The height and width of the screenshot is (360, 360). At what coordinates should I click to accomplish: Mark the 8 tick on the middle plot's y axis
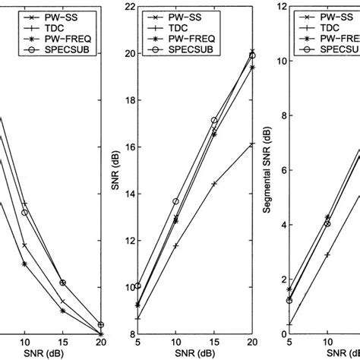(126, 334)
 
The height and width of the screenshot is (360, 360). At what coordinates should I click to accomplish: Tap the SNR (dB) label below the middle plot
(194, 355)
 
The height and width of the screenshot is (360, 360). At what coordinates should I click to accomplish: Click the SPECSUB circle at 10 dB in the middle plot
(176, 201)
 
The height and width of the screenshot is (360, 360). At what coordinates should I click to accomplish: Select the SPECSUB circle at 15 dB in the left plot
(63, 283)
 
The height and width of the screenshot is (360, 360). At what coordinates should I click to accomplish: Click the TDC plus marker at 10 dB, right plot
(327, 254)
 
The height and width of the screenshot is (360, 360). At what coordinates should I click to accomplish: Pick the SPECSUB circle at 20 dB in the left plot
(101, 324)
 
